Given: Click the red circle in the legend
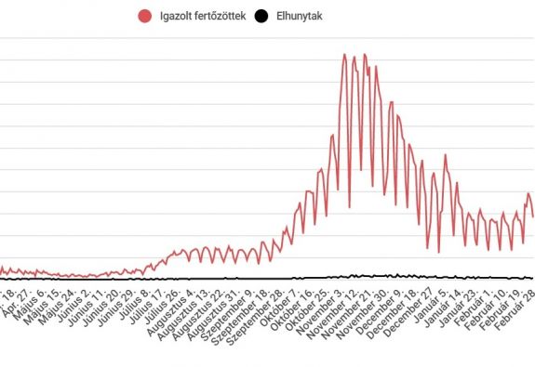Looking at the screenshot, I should click(144, 16).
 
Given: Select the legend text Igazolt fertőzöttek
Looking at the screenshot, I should click(202, 16).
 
